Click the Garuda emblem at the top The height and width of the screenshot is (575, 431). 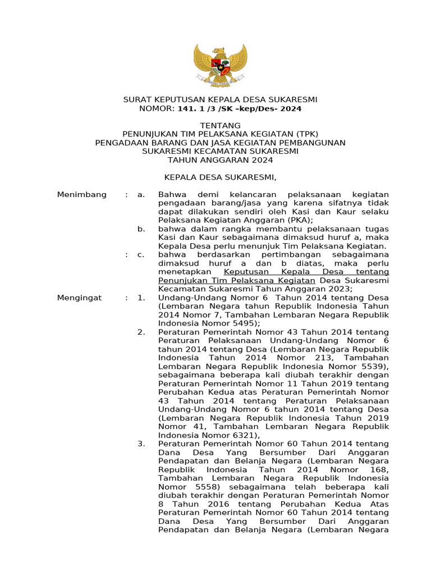coord(220,66)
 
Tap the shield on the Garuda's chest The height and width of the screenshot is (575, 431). coord(220,67)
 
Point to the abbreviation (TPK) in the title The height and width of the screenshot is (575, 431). coord(305,134)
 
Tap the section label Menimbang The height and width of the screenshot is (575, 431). coord(82,194)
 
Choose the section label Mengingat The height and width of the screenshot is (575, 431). coord(80,298)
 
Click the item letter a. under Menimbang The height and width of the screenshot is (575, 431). coord(141,194)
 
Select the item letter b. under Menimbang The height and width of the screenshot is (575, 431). coord(141,229)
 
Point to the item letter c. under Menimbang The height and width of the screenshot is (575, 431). coord(141,255)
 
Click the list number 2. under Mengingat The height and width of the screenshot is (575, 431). coord(141,332)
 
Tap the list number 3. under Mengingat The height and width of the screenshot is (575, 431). coord(141,444)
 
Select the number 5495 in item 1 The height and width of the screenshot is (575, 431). coord(242,323)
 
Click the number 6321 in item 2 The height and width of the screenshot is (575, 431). coord(242,435)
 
